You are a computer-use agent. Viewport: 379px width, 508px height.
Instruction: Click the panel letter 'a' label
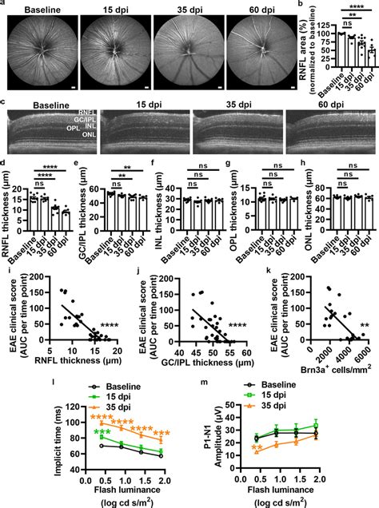pyautogui.click(x=4, y=5)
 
